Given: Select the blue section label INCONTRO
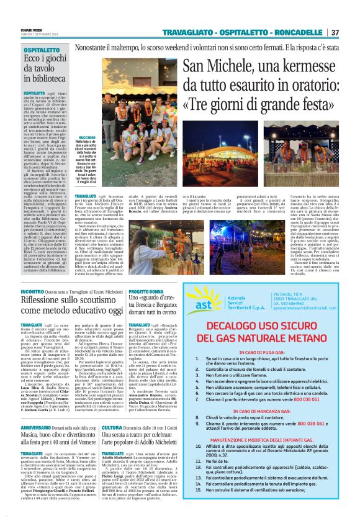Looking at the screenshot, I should pos(32,291).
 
